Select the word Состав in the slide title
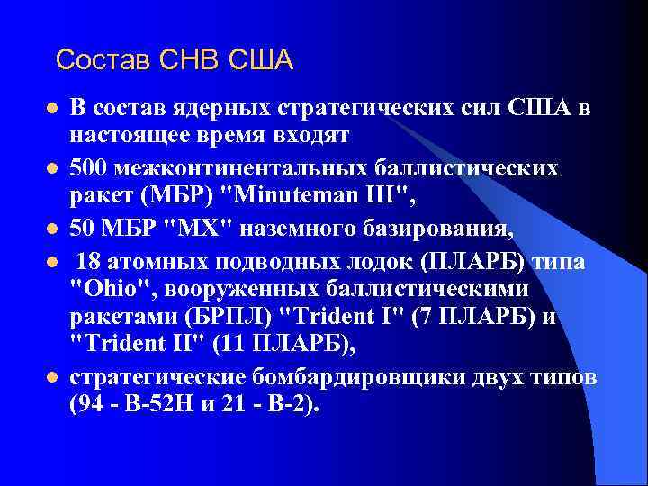[x=103, y=60]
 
